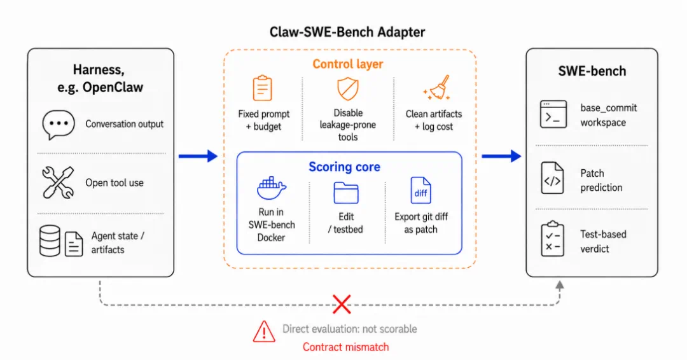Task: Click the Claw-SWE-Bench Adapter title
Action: click(x=347, y=32)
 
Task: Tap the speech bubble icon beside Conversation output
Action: click(x=59, y=125)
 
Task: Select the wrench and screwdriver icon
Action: click(x=59, y=183)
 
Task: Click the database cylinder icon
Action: click(x=50, y=241)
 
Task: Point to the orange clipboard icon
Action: click(x=263, y=88)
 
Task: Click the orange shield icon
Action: click(x=348, y=88)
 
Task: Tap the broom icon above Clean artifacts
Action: click(x=437, y=88)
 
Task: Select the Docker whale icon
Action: click(x=271, y=188)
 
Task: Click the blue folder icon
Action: click(x=346, y=193)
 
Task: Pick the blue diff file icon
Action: click(x=420, y=191)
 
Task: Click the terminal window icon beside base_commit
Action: click(x=553, y=114)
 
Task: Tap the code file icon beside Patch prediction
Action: click(x=552, y=178)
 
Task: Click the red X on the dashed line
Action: click(x=342, y=305)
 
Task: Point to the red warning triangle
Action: click(x=264, y=331)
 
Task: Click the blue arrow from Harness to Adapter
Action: click(x=198, y=156)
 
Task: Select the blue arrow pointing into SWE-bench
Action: click(x=502, y=156)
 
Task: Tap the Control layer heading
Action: click(x=348, y=64)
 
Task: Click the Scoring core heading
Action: click(x=344, y=167)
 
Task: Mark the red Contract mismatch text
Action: click(x=345, y=347)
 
